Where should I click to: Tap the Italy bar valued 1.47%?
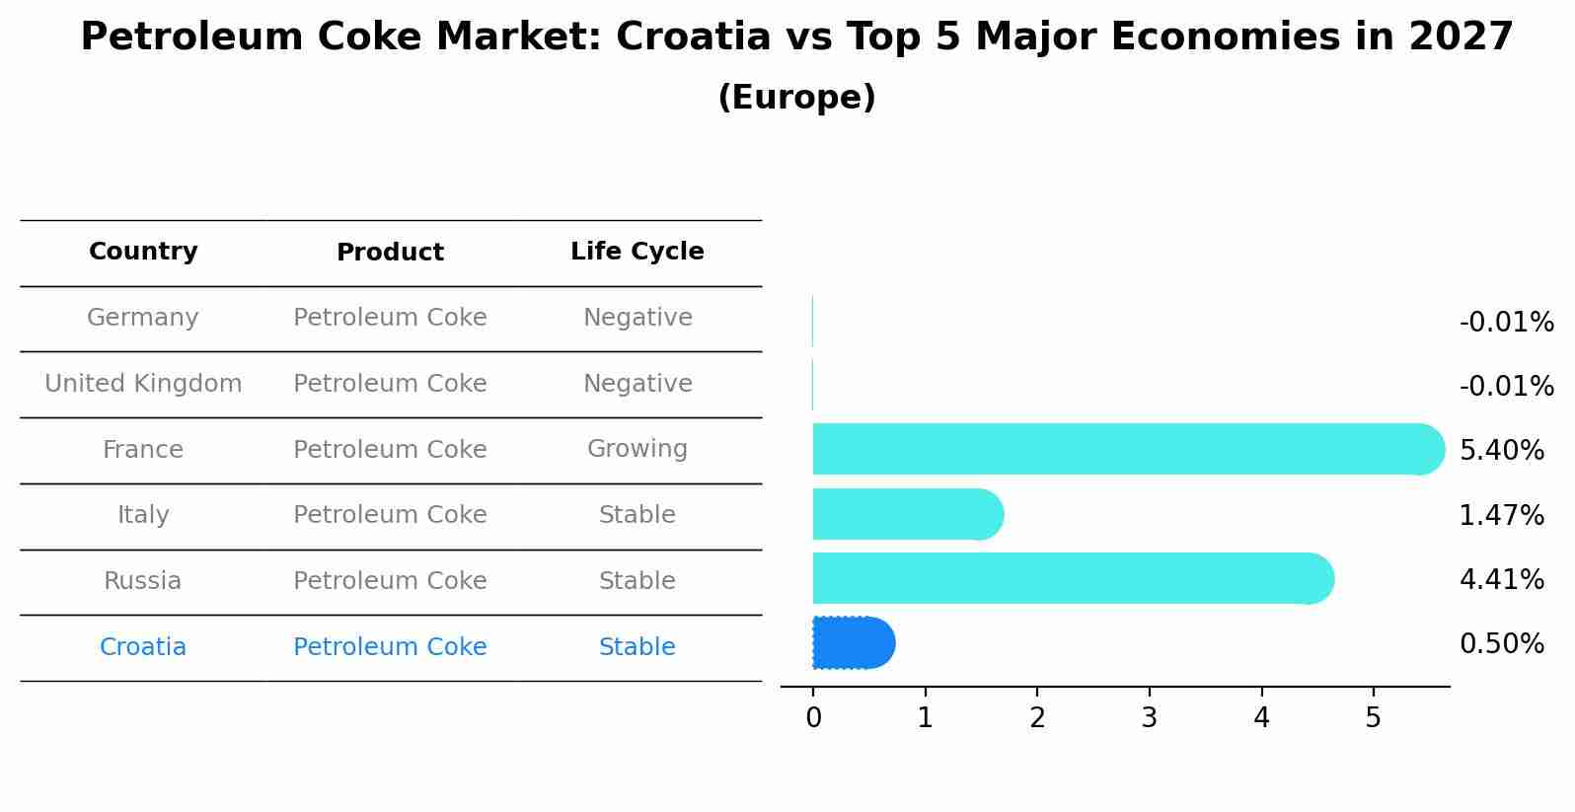tap(906, 514)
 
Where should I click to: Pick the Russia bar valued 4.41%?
tap(1071, 578)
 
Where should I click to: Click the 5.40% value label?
tap(1501, 451)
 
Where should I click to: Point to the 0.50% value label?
tap(1501, 644)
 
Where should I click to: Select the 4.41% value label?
tap(1501, 580)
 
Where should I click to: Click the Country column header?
tap(143, 252)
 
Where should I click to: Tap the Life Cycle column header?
tap(637, 252)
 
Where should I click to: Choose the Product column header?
tap(390, 253)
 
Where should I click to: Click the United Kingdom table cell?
tap(143, 384)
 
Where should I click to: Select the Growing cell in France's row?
tap(637, 449)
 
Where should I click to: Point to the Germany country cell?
tap(143, 318)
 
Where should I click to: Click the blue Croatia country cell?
tap(143, 647)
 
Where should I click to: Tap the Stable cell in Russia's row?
tap(637, 581)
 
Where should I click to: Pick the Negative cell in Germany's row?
tap(637, 318)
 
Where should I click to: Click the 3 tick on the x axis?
tap(1149, 718)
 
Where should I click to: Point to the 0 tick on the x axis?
tap(813, 718)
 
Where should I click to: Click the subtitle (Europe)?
tap(796, 98)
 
